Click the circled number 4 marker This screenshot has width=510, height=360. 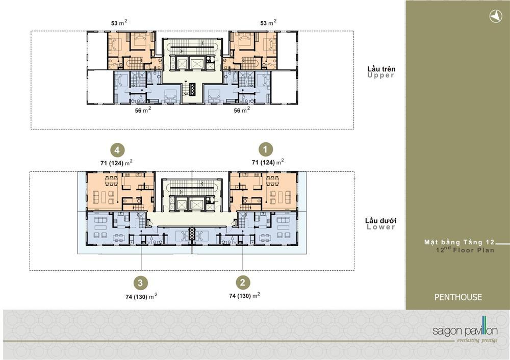[117, 150]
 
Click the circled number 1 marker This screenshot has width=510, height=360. [265, 149]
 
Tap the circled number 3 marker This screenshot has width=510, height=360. [140, 283]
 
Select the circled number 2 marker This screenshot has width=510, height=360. [243, 282]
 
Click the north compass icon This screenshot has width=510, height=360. [496, 16]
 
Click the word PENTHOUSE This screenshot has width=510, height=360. [458, 297]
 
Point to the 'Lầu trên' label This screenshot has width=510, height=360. [381, 69]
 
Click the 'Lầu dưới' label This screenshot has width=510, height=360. [380, 221]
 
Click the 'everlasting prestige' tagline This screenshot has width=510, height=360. [477, 341]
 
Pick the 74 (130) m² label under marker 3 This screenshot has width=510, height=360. [141, 296]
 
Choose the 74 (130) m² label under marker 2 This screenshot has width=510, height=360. [245, 295]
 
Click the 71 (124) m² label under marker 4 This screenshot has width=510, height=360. [116, 162]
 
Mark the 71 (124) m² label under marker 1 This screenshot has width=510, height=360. [268, 162]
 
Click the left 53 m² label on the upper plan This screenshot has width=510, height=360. [119, 22]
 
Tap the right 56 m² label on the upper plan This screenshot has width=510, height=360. [242, 110]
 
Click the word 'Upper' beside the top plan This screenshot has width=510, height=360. [381, 75]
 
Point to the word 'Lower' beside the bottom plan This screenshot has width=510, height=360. [381, 227]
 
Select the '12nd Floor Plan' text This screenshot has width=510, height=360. [465, 250]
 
